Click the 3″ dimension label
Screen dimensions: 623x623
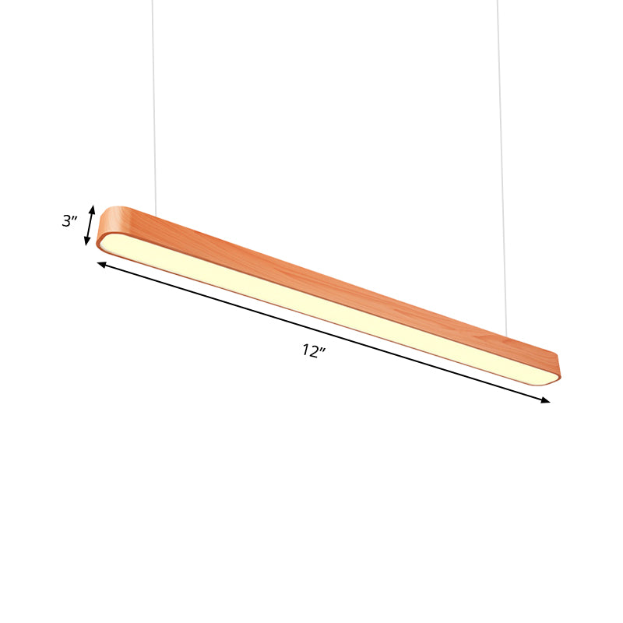[x=70, y=221]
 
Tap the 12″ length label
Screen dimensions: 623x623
[x=313, y=351]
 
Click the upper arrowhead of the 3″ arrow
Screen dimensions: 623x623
[x=93, y=209]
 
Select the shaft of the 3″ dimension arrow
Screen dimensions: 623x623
[x=90, y=225]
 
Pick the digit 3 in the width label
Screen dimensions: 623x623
[x=67, y=221]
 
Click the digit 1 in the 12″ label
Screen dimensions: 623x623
[x=306, y=351]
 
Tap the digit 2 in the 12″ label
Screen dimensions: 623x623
[x=314, y=351]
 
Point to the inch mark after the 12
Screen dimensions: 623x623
[x=322, y=348]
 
